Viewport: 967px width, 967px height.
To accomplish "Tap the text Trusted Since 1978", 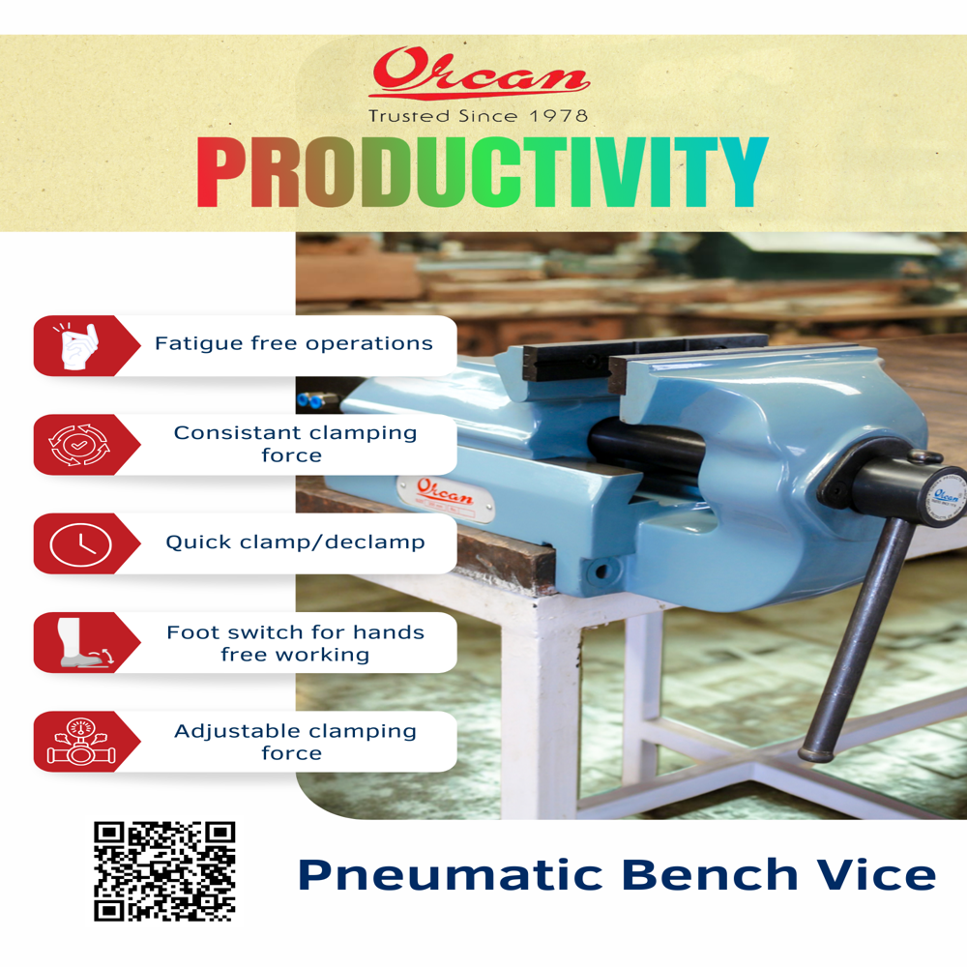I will click(x=478, y=116).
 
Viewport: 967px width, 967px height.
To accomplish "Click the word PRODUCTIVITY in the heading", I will click(x=482, y=174).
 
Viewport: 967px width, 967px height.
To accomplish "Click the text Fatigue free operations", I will click(x=293, y=344).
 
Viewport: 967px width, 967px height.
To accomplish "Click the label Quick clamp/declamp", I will click(x=295, y=542).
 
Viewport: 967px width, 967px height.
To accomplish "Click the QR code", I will click(x=164, y=870).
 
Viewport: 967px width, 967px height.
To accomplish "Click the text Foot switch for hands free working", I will click(x=295, y=643).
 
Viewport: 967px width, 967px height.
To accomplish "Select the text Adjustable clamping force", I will click(x=295, y=742).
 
